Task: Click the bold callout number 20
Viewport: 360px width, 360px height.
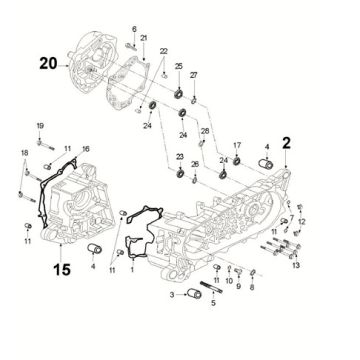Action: (x=47, y=62)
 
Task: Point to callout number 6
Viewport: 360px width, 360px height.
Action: (x=133, y=31)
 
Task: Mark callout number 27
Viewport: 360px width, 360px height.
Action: (x=195, y=76)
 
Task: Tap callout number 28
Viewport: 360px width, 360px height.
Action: (x=205, y=131)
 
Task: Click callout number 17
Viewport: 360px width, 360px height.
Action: (x=238, y=147)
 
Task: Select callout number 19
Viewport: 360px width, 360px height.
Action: (x=41, y=124)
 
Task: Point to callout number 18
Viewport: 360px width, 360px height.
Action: (x=25, y=151)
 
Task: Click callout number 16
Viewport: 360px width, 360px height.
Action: (x=86, y=148)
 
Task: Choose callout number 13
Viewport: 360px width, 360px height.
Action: (x=296, y=265)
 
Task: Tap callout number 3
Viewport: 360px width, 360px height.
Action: (x=171, y=296)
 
